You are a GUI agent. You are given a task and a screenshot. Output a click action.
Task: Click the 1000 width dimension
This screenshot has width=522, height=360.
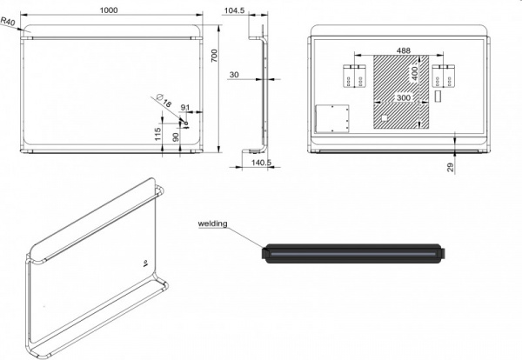tap(109, 10)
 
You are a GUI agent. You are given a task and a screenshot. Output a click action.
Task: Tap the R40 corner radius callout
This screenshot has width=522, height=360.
tap(8, 21)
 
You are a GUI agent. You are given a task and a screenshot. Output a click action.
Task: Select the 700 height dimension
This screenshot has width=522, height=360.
tap(214, 56)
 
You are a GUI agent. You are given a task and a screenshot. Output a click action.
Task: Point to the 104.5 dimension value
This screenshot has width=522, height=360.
tap(234, 10)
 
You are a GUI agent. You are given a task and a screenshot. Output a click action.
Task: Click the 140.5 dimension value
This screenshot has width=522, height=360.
tap(261, 163)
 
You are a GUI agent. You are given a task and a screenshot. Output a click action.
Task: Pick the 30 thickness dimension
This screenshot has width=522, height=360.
tap(234, 75)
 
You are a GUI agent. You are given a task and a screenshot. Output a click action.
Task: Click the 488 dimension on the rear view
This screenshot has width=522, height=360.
tap(404, 50)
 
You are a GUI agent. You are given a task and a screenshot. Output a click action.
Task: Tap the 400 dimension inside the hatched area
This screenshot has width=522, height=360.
tap(414, 74)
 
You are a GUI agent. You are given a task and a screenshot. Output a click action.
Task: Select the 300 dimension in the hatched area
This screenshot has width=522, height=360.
tap(404, 97)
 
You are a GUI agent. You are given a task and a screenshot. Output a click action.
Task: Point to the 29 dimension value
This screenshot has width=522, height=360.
tap(451, 167)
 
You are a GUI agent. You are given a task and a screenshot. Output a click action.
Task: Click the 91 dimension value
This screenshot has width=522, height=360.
tap(185, 107)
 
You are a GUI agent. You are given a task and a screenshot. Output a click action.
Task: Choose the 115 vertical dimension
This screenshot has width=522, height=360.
tap(157, 134)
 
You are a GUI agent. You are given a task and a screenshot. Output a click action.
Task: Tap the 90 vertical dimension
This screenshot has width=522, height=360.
tap(176, 137)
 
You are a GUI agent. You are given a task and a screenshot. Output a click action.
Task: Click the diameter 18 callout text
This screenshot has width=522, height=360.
tap(164, 101)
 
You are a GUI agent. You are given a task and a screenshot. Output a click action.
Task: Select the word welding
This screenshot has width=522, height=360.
tap(213, 223)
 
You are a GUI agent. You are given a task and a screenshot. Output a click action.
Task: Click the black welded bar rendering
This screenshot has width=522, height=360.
tap(353, 254)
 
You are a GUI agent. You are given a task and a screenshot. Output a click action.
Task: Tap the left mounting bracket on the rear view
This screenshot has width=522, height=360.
tap(355, 77)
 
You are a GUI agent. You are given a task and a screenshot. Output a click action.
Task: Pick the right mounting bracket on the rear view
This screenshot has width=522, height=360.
tap(444, 77)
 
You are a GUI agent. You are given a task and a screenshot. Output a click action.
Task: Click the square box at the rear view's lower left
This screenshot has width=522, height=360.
tap(332, 119)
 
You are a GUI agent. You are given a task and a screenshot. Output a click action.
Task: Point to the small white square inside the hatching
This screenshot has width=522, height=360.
tap(385, 118)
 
